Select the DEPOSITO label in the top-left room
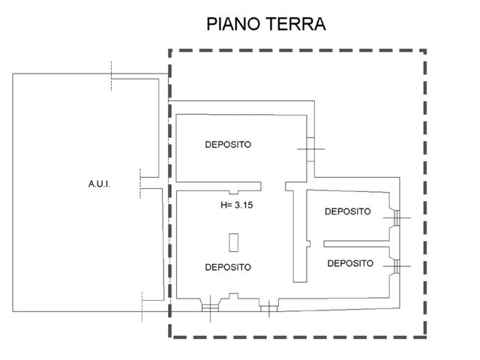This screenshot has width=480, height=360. click(227, 145)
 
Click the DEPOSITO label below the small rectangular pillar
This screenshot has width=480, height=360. click(227, 266)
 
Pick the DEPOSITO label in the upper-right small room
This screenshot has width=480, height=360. click(347, 211)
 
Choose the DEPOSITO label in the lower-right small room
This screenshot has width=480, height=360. click(350, 263)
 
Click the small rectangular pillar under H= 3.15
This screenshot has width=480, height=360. click(233, 242)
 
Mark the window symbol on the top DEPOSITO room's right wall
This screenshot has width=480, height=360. click(310, 148)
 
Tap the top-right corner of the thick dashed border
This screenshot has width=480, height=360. click(425, 51)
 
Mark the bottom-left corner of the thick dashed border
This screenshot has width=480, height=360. click(170, 337)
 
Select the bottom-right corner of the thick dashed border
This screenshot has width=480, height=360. click(425, 337)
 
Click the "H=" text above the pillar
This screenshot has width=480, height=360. click(226, 204)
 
